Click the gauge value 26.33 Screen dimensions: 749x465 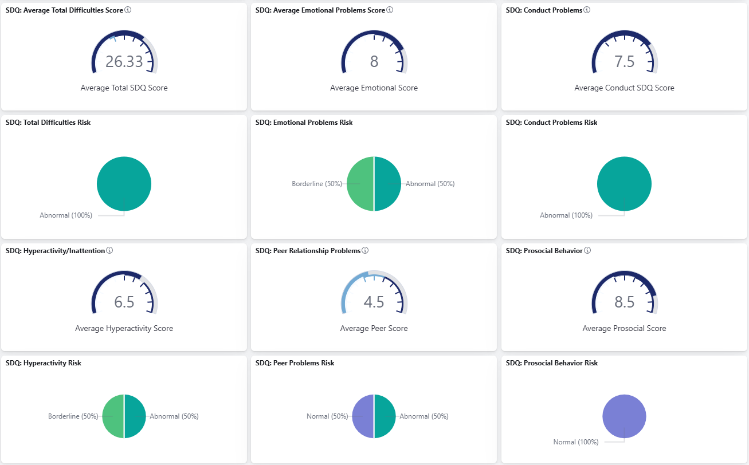124,62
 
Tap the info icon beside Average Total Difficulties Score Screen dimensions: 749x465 128,10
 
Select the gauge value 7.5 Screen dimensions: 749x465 624,62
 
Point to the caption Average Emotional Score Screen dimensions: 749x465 374,88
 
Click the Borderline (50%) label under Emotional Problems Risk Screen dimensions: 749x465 317,184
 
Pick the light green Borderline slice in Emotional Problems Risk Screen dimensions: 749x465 360,184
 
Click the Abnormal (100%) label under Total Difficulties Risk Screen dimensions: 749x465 66,215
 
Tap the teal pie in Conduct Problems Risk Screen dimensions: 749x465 624,184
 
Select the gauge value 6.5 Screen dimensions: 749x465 124,302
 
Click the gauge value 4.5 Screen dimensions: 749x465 374,302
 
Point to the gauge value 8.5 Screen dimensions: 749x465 624,302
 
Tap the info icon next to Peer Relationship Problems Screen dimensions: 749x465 365,251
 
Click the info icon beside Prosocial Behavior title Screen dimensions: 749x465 587,251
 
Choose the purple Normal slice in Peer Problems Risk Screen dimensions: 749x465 363,416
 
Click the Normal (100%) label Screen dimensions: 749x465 576,442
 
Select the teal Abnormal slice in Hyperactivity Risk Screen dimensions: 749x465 135,416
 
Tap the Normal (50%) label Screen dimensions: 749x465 327,416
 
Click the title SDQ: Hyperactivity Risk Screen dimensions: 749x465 44,363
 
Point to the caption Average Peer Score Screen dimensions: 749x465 374,328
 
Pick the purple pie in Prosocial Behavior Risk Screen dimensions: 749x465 624,416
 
